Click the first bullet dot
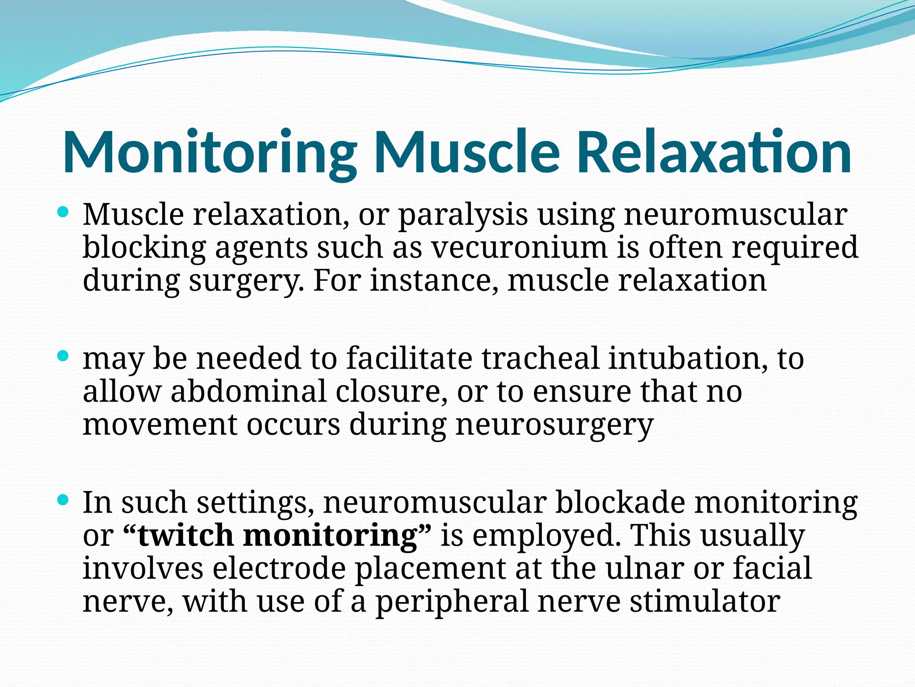coord(63,212)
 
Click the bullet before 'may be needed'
coord(63,356)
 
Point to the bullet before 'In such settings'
coord(63,500)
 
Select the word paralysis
coord(462,215)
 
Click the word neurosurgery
coord(554,425)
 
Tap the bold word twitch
coord(185,535)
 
